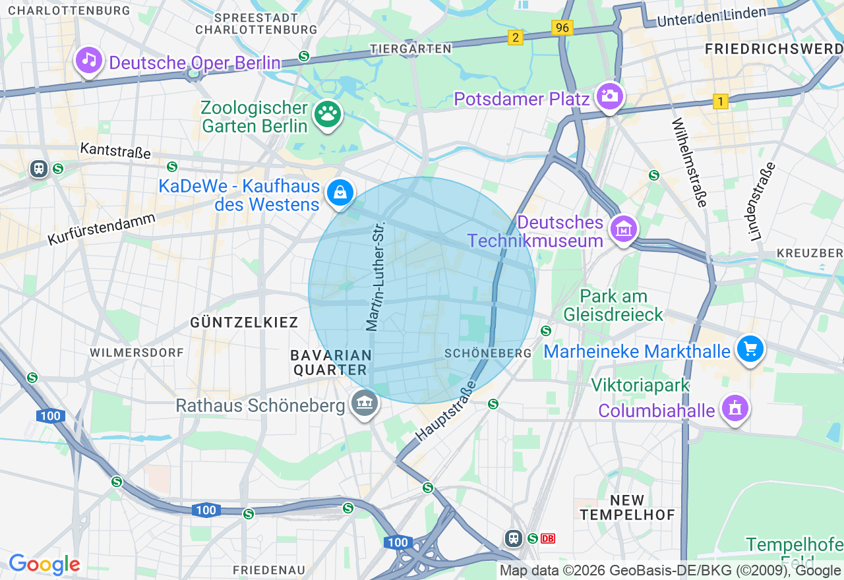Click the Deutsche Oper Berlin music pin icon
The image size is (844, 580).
[89, 61]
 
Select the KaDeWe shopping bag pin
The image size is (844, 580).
[340, 193]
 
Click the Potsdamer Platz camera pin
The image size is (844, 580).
[609, 96]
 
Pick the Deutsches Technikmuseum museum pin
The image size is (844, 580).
[624, 229]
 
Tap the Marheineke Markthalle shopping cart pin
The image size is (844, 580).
[750, 349]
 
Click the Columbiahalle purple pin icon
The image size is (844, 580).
[734, 408]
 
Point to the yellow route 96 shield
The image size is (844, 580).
[562, 28]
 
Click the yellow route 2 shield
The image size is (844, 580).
[515, 38]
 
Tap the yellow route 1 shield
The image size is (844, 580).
[721, 101]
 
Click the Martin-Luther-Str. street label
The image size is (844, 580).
[375, 276]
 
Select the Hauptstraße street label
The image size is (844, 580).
[446, 411]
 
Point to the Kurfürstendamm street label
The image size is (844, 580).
[102, 229]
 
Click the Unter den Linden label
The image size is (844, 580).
[711, 16]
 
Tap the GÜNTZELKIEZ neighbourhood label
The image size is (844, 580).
[244, 322]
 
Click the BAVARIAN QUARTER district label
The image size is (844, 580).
[332, 362]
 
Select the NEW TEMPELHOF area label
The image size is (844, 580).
[627, 507]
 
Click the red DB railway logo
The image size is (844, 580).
[548, 538]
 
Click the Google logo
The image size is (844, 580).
[44, 564]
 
